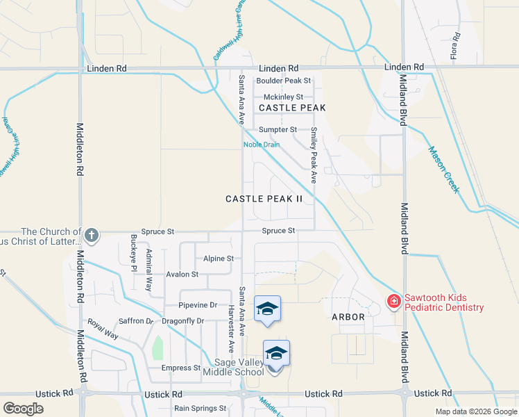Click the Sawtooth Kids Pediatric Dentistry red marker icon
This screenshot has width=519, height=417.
point(393,301)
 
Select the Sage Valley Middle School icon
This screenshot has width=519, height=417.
point(276,354)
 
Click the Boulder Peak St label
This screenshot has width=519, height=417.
point(284,81)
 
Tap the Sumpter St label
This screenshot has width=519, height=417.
point(278,130)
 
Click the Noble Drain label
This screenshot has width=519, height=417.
point(261,145)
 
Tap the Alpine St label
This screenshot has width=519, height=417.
point(219,259)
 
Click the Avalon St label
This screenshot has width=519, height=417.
point(182,275)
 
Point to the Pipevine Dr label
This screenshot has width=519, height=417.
point(198,305)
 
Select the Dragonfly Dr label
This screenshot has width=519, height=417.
point(182,321)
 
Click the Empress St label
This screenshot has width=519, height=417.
point(180,368)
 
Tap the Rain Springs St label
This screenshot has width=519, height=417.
point(200,409)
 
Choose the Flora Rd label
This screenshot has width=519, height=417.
point(456,46)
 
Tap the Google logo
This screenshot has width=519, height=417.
point(23,409)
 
